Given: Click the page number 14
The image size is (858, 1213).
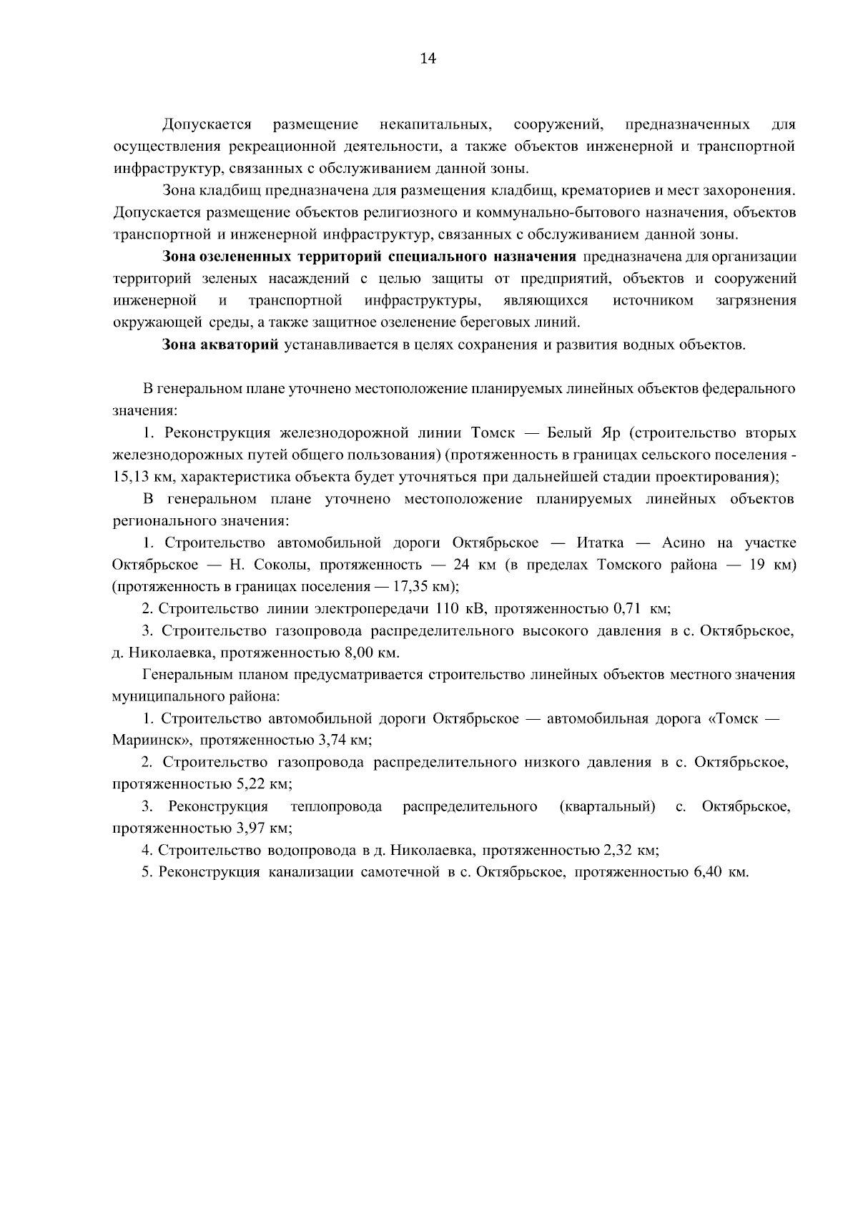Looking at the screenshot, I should (428, 59).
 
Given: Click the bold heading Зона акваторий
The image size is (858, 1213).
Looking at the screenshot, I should (220, 345).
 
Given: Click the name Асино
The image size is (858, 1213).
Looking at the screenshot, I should (684, 543).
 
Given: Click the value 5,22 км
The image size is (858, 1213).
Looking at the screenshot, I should (262, 784).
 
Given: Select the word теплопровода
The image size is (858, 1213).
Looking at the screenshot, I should (336, 807).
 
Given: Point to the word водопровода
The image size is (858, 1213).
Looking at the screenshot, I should (312, 851).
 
